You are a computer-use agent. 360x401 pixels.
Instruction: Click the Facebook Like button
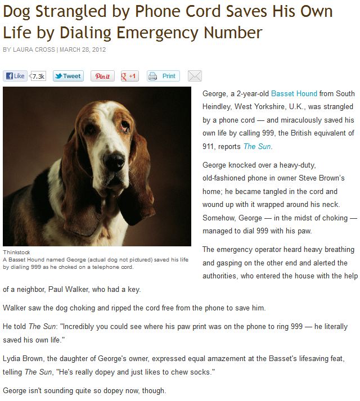tap(15, 76)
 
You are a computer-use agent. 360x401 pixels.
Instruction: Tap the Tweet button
tap(68, 76)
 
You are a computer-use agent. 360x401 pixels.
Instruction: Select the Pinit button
tap(103, 76)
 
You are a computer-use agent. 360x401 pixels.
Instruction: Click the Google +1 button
tap(130, 76)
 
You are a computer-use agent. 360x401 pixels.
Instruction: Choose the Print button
tap(163, 76)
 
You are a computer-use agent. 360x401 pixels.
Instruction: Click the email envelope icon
tap(195, 76)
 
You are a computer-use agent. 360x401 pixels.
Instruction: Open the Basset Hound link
tap(294, 93)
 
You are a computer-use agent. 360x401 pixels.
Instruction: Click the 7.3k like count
tap(38, 76)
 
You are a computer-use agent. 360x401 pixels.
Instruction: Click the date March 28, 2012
tap(83, 50)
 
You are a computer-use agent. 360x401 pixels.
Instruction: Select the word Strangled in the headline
tap(75, 12)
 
